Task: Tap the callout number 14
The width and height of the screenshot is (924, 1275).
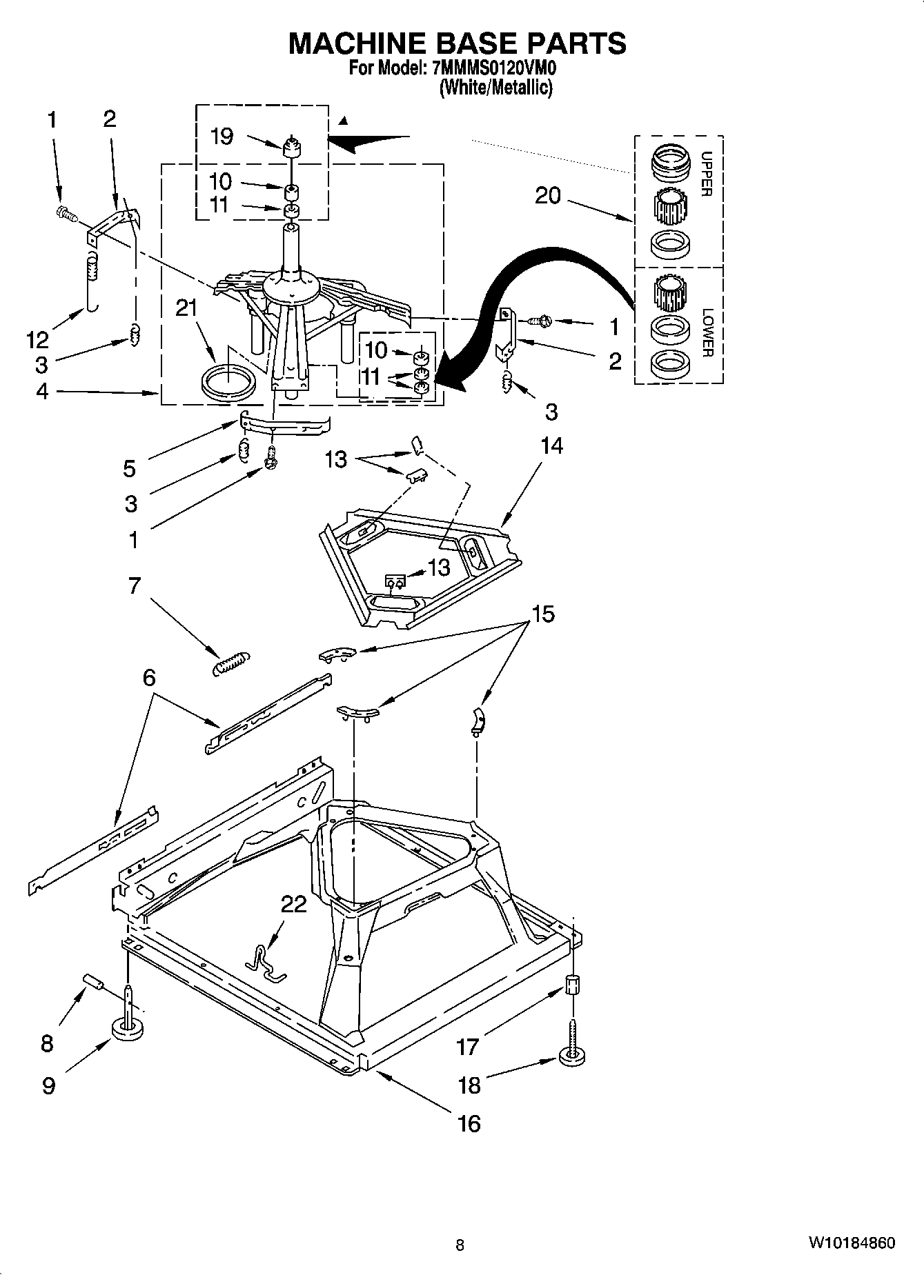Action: pyautogui.click(x=551, y=446)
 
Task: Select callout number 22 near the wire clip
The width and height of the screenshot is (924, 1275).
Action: pyautogui.click(x=294, y=903)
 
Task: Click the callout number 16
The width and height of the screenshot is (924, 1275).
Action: pyautogui.click(x=469, y=1123)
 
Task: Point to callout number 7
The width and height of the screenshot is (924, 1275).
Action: pyautogui.click(x=134, y=586)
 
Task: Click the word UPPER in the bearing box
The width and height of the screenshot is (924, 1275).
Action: pyautogui.click(x=705, y=174)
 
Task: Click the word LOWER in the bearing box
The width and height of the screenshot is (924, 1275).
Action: pyautogui.click(x=707, y=332)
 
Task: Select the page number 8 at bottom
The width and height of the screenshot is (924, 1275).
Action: pyautogui.click(x=460, y=1245)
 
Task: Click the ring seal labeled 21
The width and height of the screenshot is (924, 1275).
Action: pyautogui.click(x=226, y=383)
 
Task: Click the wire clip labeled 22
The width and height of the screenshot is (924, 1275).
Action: pyautogui.click(x=266, y=963)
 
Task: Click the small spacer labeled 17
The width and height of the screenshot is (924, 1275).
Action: pyautogui.click(x=571, y=985)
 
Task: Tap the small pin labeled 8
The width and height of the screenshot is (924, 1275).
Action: pyautogui.click(x=93, y=981)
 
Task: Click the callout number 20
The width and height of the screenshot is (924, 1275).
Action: pyautogui.click(x=548, y=196)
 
